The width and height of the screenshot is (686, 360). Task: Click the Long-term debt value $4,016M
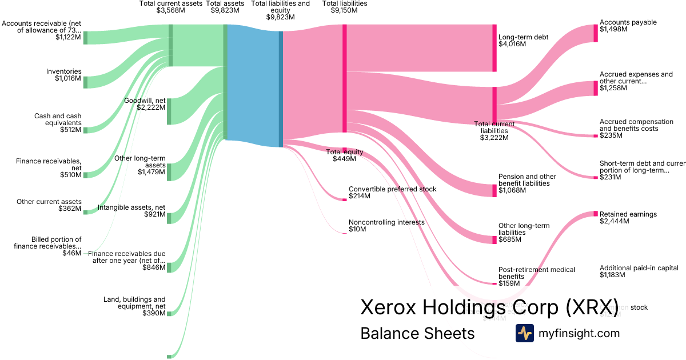pyautogui.click(x=512, y=44)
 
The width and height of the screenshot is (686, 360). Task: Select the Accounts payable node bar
pyautogui.click(x=595, y=33)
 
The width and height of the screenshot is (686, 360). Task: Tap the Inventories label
pyautogui.click(x=64, y=71)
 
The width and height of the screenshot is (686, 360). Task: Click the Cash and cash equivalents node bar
pyautogui.click(x=86, y=130)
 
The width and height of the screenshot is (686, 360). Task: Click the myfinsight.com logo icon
pyautogui.click(x=524, y=333)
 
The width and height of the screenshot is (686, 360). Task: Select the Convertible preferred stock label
pyautogui.click(x=392, y=189)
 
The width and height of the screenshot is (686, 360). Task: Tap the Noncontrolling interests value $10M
pyautogui.click(x=357, y=229)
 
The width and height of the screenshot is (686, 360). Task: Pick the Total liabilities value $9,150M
pyautogui.click(x=345, y=10)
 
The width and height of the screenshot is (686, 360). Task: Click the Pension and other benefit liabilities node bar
pyautogui.click(x=494, y=190)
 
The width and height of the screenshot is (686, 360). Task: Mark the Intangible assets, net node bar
pyautogui.click(x=169, y=217)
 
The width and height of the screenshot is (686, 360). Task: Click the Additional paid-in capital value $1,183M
pyautogui.click(x=612, y=275)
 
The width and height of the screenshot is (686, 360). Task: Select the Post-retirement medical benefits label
pyautogui.click(x=537, y=273)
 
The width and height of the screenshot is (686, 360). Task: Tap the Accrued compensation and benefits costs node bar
pyautogui.click(x=595, y=136)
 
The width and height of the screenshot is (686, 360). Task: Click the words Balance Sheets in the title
pyautogui.click(x=417, y=334)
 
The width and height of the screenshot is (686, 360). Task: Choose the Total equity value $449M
pyautogui.click(x=344, y=159)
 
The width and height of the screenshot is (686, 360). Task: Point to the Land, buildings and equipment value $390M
pyautogui.click(x=154, y=313)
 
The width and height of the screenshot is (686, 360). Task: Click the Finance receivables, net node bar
pyautogui.click(x=86, y=175)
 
